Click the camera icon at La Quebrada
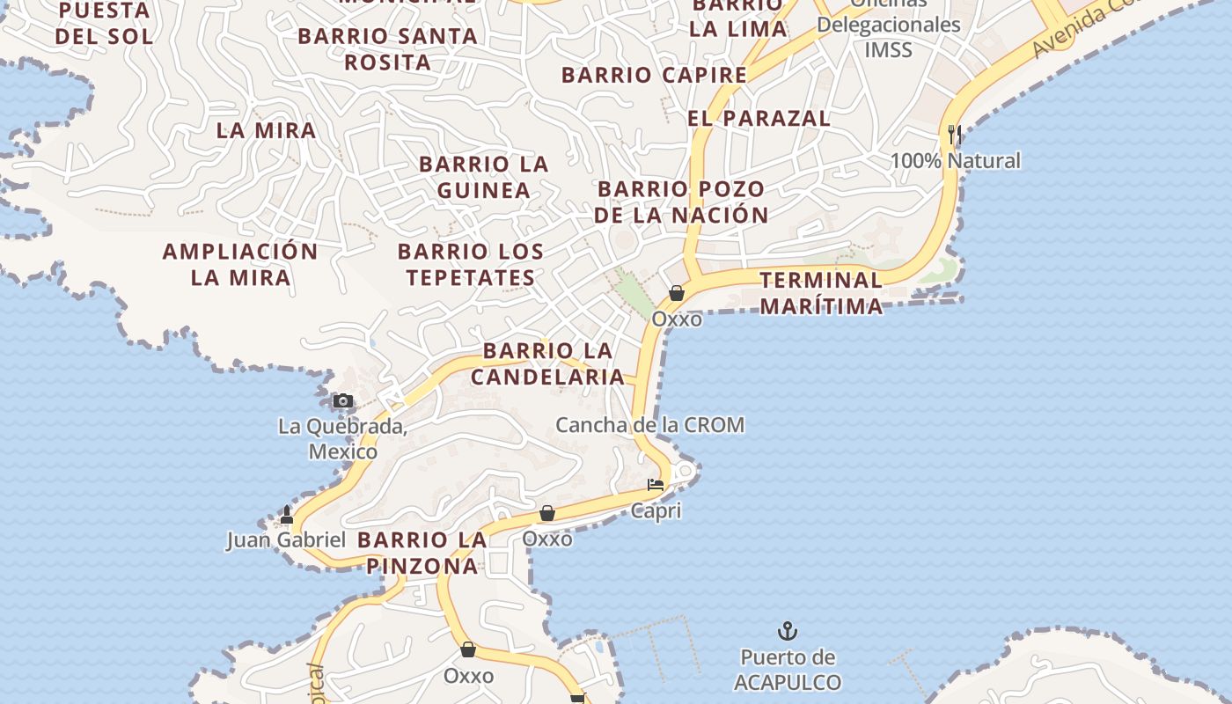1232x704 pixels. click(343, 401)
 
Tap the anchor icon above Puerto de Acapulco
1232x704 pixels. click(788, 631)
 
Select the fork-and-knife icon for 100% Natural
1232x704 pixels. click(954, 135)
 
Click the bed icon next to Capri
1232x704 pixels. click(656, 485)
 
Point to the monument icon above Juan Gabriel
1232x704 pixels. click(286, 515)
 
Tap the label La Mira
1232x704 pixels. click(266, 130)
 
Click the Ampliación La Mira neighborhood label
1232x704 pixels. click(240, 264)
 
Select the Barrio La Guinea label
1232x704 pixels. click(484, 177)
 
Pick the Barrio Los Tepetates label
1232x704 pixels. click(471, 264)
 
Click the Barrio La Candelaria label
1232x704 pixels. click(547, 363)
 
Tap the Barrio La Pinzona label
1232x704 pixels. click(422, 553)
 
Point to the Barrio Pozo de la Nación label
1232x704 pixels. click(681, 202)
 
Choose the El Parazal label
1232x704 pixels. click(759, 118)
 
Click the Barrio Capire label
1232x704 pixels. click(655, 75)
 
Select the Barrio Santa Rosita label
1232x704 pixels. click(388, 49)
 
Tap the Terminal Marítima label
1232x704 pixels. click(821, 293)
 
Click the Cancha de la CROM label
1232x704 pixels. click(649, 425)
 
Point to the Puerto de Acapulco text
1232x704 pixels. click(788, 670)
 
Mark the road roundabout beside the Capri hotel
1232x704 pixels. click(682, 473)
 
